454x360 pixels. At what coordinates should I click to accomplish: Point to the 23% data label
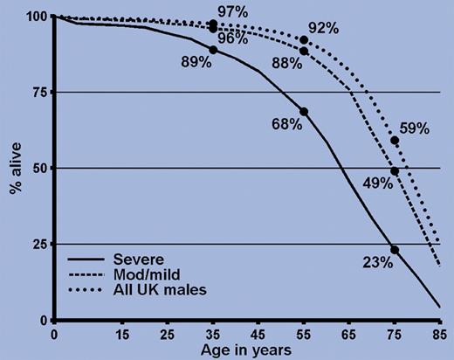(376, 261)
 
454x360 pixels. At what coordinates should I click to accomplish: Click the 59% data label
(416, 128)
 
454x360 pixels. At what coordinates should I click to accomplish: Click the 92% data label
(323, 27)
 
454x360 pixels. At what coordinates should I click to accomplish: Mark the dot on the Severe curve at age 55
(304, 112)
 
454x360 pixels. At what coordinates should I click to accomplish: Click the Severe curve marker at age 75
(395, 250)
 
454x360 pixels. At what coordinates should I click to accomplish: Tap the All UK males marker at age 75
(395, 140)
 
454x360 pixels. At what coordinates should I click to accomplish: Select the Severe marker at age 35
(213, 50)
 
